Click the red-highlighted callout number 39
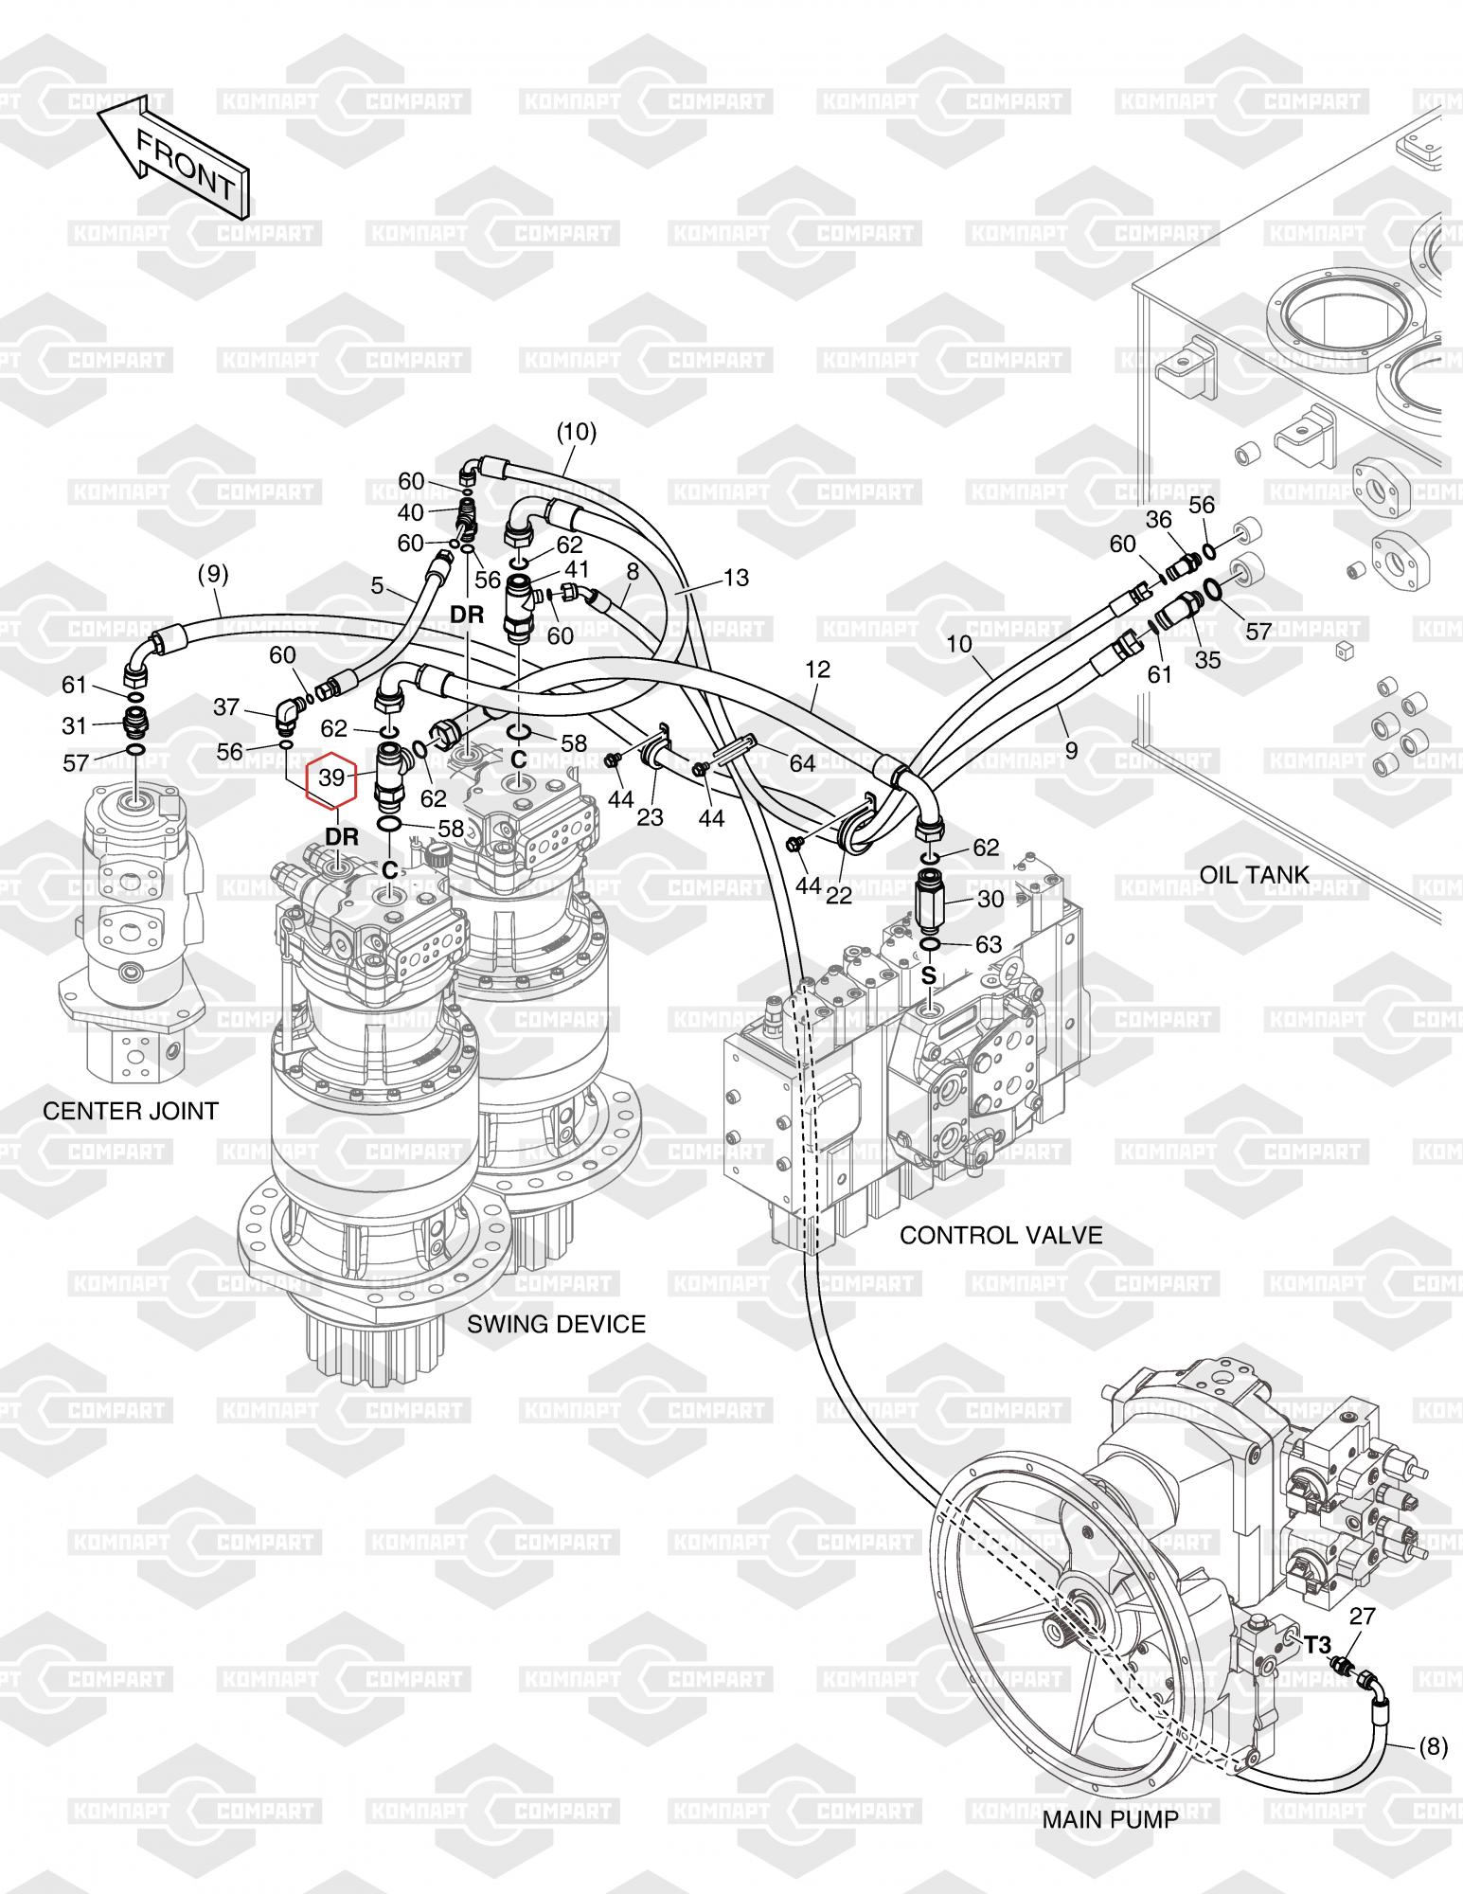coord(331,777)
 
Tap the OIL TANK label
coord(1255,874)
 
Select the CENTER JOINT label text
coord(131,1110)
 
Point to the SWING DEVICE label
coord(556,1323)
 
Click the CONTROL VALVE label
coord(1001,1234)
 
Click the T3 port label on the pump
coord(1316,1644)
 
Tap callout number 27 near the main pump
coord(1361,1616)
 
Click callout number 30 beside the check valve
coord(990,898)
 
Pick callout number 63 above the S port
coord(988,944)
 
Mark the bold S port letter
coord(929,975)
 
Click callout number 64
coord(802,763)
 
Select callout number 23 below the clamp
coord(651,817)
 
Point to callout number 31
coord(75,725)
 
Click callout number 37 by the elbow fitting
coord(226,706)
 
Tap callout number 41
coord(577,569)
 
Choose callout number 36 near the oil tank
coord(1159,519)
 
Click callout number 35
coord(1207,660)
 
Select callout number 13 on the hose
coord(736,577)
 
